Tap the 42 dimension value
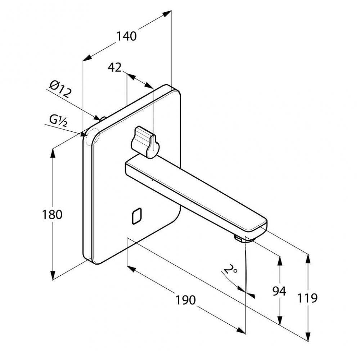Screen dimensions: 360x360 tap(114, 67)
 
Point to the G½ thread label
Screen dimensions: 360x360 tap(58, 121)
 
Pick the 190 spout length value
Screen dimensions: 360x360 tap(186, 300)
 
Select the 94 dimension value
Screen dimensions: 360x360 tap(279, 291)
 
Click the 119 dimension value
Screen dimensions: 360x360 tap(307, 298)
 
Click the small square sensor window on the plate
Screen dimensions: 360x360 tap(136, 216)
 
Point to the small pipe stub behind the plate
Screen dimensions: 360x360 tap(102, 118)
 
